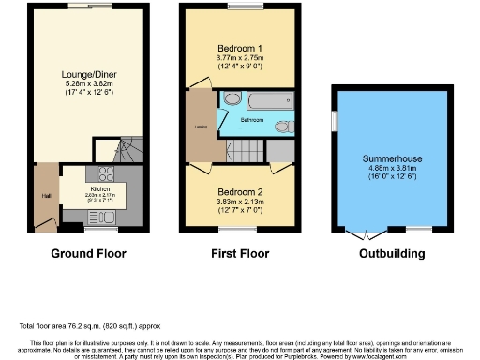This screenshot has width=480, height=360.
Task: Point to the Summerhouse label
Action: click(388, 172)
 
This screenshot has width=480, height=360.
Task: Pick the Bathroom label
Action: click(250, 120)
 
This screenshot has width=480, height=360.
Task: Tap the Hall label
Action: click(45, 195)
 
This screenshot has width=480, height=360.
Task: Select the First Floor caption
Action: click(235, 253)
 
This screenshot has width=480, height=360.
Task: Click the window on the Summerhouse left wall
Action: click(334, 122)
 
